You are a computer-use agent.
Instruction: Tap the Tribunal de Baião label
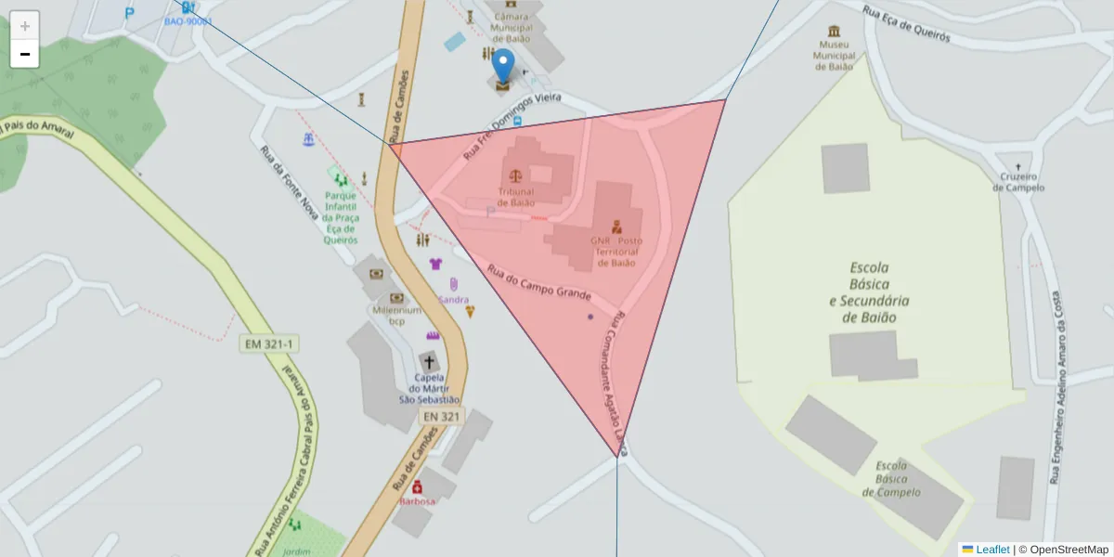516,197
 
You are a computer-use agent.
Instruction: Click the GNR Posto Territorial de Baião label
615,251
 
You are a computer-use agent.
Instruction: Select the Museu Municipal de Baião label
833,55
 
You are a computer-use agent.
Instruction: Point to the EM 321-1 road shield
268,343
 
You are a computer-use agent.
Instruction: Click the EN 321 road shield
440,417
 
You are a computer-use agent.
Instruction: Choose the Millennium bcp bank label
396,315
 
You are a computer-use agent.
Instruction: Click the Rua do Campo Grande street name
539,281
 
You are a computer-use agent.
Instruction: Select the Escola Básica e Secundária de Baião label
869,291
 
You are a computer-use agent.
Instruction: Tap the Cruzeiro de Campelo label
1018,182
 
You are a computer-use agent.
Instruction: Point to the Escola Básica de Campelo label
898,479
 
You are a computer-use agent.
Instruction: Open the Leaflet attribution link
991,550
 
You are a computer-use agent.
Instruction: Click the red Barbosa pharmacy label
417,501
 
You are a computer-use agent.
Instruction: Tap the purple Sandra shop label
453,300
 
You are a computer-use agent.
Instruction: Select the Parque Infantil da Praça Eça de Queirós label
341,217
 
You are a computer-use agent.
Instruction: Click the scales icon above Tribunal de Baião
512,174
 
